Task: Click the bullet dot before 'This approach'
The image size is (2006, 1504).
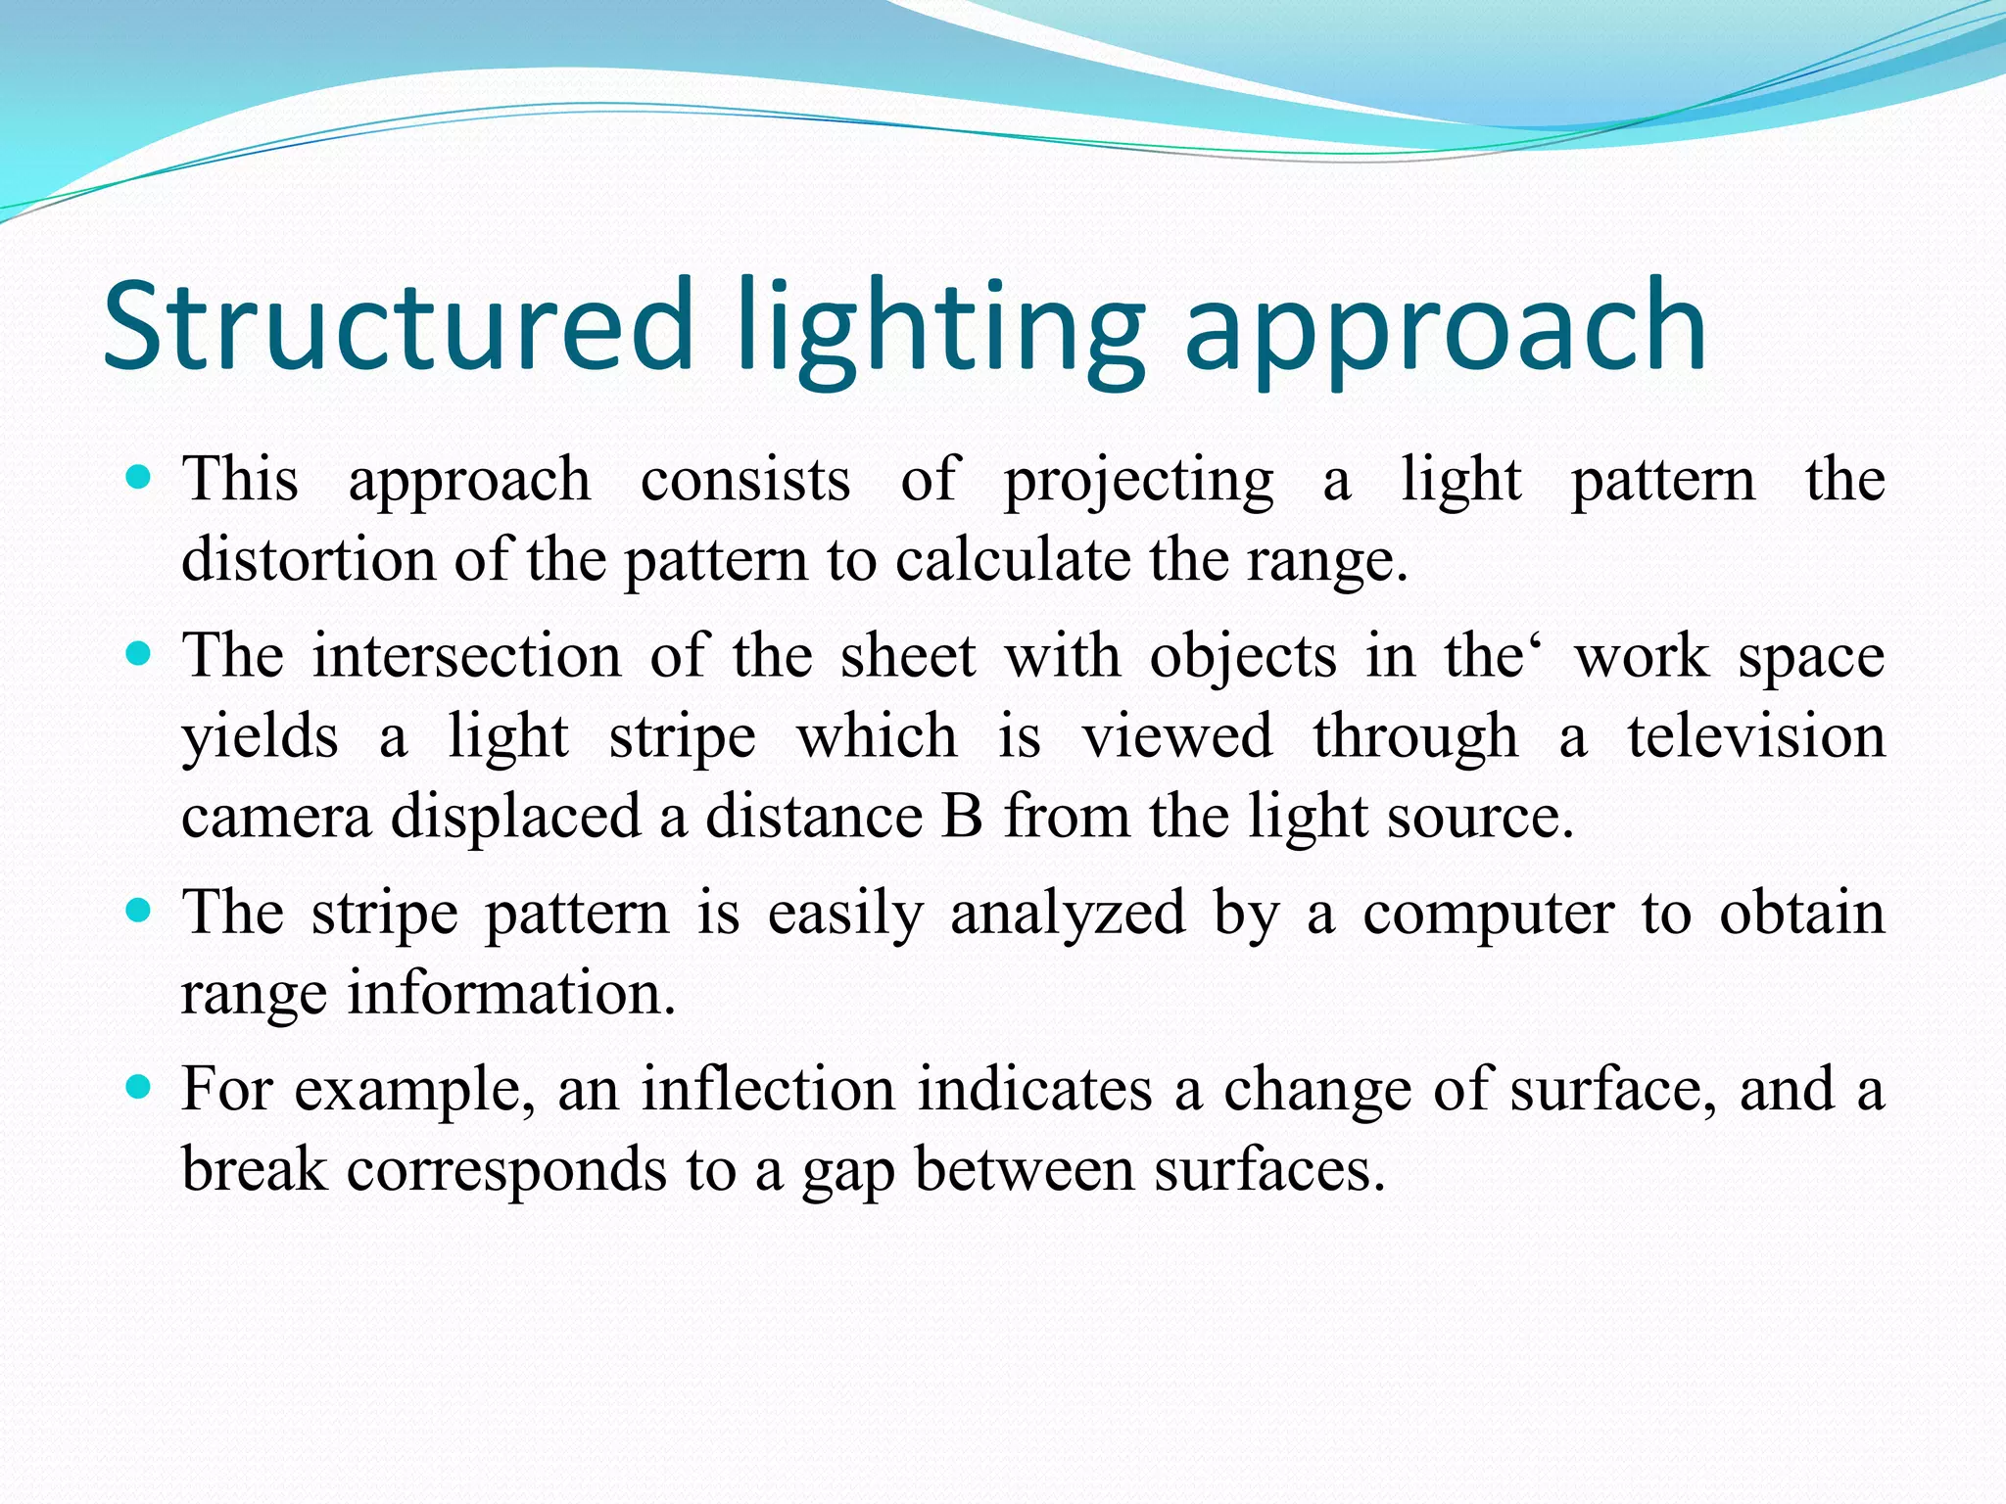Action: pyautogui.click(x=139, y=478)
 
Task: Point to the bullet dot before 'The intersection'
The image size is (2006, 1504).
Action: pyautogui.click(x=139, y=654)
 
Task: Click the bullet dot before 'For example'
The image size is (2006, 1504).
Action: pyautogui.click(x=139, y=1087)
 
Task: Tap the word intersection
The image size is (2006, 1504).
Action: pyautogui.click(x=466, y=655)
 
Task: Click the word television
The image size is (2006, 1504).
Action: pyautogui.click(x=1756, y=736)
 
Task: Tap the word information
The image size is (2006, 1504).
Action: pyautogui.click(x=511, y=993)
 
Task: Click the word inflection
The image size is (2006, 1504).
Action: pyautogui.click(x=768, y=1089)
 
